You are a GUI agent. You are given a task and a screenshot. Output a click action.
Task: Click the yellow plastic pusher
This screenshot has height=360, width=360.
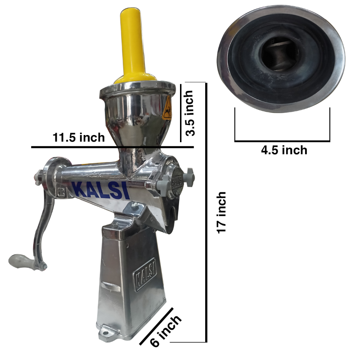[x=133, y=46]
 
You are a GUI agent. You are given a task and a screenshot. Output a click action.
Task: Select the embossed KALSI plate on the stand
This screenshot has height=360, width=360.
[x=145, y=274]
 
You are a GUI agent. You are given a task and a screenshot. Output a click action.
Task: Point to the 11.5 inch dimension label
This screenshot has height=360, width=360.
[x=79, y=137]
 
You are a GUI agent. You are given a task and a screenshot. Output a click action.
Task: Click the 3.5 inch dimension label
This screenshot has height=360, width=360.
[x=190, y=113]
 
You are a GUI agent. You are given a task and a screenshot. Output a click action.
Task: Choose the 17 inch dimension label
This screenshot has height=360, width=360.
[x=221, y=212]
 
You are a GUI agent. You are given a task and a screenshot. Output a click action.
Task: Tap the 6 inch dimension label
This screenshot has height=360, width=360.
[x=166, y=330]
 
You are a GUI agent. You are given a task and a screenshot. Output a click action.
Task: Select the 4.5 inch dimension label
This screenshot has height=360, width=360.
[x=284, y=150]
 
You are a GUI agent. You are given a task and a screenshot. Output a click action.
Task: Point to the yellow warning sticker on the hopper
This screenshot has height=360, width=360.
[x=167, y=108]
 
